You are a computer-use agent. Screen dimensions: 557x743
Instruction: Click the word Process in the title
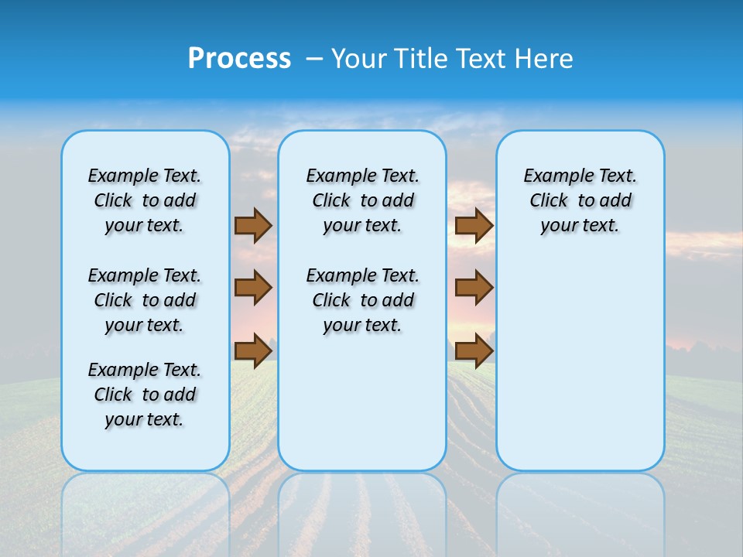[x=239, y=59]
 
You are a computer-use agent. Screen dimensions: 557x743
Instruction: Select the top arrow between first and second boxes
[x=253, y=225]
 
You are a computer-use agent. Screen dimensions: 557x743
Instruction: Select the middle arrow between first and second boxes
[x=253, y=288]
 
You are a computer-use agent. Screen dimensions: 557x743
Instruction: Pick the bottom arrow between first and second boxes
[x=253, y=350]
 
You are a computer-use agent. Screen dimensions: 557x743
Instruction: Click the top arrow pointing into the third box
[x=474, y=225]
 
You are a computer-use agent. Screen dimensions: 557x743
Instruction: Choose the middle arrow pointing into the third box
[x=474, y=288]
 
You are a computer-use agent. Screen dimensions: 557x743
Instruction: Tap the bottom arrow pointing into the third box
[x=474, y=350]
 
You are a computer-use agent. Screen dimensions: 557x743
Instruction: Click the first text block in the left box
[x=144, y=200]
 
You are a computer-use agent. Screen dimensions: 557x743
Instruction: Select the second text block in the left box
[x=144, y=300]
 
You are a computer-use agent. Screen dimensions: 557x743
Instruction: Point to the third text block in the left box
[x=144, y=395]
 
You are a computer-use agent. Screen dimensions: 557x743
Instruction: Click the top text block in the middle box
[x=362, y=200]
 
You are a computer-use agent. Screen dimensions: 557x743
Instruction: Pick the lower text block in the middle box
[x=362, y=300]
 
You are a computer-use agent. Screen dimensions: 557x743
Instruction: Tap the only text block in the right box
[x=580, y=200]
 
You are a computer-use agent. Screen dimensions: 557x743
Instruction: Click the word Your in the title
[x=359, y=59]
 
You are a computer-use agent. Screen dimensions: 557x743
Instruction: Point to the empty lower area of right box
[x=580, y=364]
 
